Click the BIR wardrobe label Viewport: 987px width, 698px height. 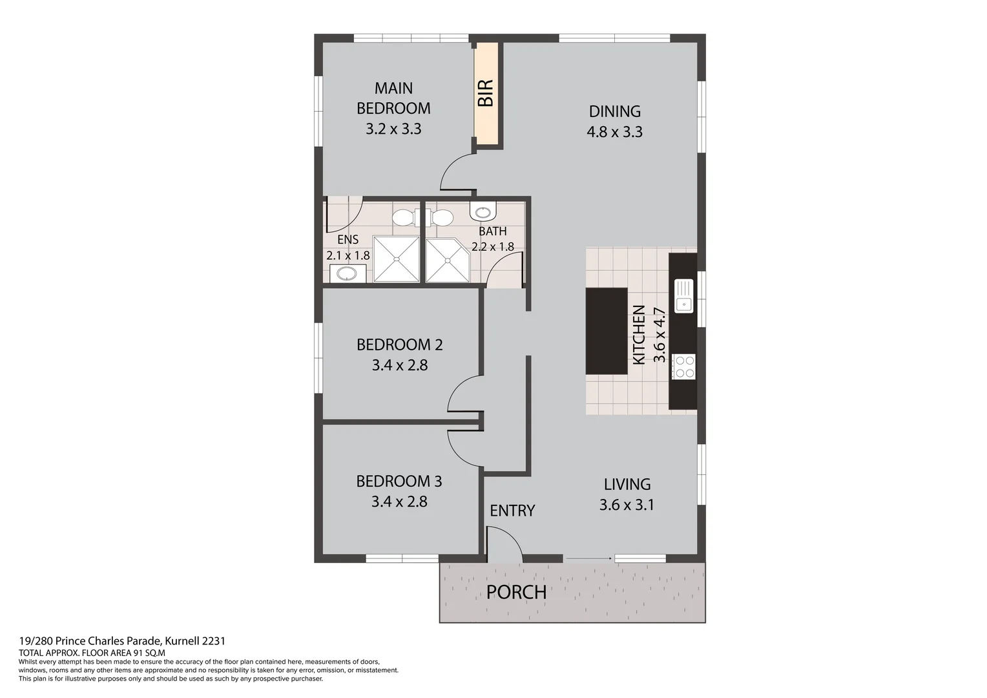click(485, 93)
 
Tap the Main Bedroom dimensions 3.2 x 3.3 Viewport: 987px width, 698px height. click(393, 129)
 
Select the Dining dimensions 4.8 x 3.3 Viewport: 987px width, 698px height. click(614, 132)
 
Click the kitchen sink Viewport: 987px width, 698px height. click(683, 296)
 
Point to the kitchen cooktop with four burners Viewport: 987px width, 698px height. click(683, 366)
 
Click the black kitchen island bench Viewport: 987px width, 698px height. click(606, 331)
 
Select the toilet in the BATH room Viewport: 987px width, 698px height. click(441, 217)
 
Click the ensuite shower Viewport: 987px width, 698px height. click(396, 259)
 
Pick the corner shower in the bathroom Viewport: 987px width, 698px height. click(446, 260)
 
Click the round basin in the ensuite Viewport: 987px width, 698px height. click(348, 274)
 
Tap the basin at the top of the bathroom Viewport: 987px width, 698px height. click(483, 211)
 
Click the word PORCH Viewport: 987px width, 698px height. click(516, 592)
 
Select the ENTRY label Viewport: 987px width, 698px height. click(512, 511)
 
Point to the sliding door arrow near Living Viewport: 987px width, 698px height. click(588, 557)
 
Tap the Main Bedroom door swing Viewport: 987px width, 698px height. click(457, 173)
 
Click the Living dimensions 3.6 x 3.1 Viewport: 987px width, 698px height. click(627, 505)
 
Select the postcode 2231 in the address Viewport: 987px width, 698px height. click(214, 641)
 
